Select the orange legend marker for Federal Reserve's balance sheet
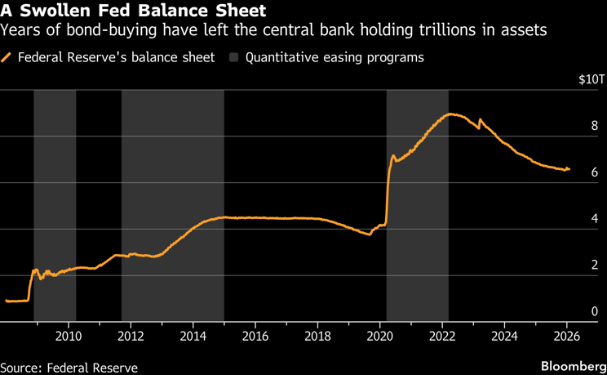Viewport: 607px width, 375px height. [x=8, y=58]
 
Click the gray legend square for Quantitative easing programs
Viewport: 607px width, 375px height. [x=235, y=58]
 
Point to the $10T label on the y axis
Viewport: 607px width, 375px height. [x=590, y=80]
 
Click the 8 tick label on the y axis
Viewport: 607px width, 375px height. [x=595, y=126]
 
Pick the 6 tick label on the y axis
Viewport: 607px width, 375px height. [x=595, y=172]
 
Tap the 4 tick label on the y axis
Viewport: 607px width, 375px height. [x=595, y=219]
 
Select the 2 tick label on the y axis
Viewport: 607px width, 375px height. [x=595, y=265]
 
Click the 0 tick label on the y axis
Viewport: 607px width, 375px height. [x=595, y=311]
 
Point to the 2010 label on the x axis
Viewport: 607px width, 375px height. [x=69, y=335]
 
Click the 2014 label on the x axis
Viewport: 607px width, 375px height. [x=193, y=335]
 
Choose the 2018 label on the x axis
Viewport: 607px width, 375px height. [x=318, y=335]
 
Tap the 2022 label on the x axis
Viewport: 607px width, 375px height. [x=443, y=335]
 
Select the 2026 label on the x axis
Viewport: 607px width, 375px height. [x=568, y=335]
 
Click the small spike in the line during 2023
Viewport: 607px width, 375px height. [x=480, y=120]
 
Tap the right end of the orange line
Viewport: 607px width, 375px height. [x=569, y=169]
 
